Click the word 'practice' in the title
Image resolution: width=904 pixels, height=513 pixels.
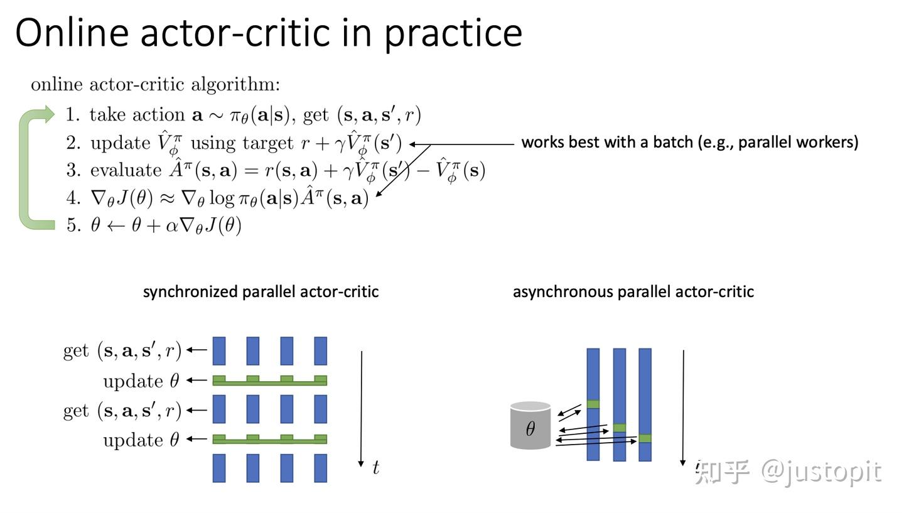click(453, 33)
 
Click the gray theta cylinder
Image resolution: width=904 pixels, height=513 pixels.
click(530, 426)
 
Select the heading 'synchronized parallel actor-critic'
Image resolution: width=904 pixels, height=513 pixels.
click(261, 292)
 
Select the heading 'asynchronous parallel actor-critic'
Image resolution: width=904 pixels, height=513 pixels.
click(633, 292)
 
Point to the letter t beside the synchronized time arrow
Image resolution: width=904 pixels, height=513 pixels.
click(375, 468)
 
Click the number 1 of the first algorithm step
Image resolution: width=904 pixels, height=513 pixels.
click(72, 115)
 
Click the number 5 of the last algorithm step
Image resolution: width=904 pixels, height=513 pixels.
click(72, 225)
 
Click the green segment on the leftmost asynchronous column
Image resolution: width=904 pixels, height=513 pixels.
click(593, 404)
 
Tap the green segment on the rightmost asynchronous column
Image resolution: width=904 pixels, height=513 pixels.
click(645, 438)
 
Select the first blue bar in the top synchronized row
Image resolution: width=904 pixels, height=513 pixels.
click(219, 351)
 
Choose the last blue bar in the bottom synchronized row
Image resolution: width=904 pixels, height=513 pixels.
click(320, 468)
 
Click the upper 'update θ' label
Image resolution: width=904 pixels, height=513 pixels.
click(141, 381)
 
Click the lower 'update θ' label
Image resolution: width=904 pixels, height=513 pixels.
click(141, 440)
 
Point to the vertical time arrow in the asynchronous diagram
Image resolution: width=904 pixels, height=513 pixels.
click(683, 408)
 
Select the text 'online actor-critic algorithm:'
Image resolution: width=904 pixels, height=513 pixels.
click(155, 84)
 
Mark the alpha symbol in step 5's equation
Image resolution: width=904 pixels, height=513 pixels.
click(171, 226)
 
